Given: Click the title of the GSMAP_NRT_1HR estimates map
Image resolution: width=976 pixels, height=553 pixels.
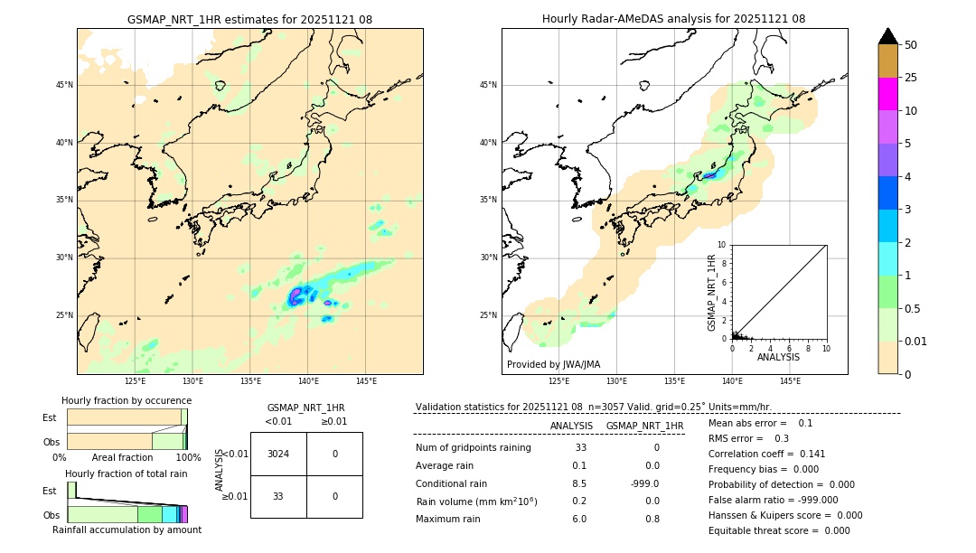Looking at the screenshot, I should tap(249, 19).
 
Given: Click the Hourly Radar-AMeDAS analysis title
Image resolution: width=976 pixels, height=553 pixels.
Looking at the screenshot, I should tap(673, 19).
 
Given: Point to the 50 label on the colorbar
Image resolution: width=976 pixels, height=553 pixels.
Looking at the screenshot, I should tap(911, 44).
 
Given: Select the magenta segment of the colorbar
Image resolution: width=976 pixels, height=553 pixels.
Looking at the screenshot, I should tap(887, 94).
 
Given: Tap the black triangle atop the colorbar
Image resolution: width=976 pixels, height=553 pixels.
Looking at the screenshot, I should tap(887, 35).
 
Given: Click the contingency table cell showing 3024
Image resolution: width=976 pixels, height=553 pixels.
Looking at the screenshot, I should tap(278, 454).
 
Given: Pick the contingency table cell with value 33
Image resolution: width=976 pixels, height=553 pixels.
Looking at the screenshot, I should tap(278, 496).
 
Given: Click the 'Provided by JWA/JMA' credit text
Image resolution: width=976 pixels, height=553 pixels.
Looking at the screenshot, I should tap(553, 364).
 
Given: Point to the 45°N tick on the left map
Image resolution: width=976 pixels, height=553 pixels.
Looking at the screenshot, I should tap(64, 85).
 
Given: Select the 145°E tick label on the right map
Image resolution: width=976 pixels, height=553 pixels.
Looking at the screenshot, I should tap(790, 381).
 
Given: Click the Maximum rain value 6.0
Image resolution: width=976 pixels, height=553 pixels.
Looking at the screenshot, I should tap(578, 519).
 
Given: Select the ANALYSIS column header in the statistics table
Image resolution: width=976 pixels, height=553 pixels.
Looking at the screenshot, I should tap(571, 426).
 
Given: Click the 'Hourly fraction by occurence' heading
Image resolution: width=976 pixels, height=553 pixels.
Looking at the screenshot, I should tap(127, 400).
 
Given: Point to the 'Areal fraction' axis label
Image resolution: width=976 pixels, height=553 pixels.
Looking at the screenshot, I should tap(122, 457).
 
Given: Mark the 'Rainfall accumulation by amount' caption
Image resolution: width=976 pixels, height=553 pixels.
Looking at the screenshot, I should tap(127, 530).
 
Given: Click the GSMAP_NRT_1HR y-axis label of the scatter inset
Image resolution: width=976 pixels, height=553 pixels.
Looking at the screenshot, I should tap(711, 292).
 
